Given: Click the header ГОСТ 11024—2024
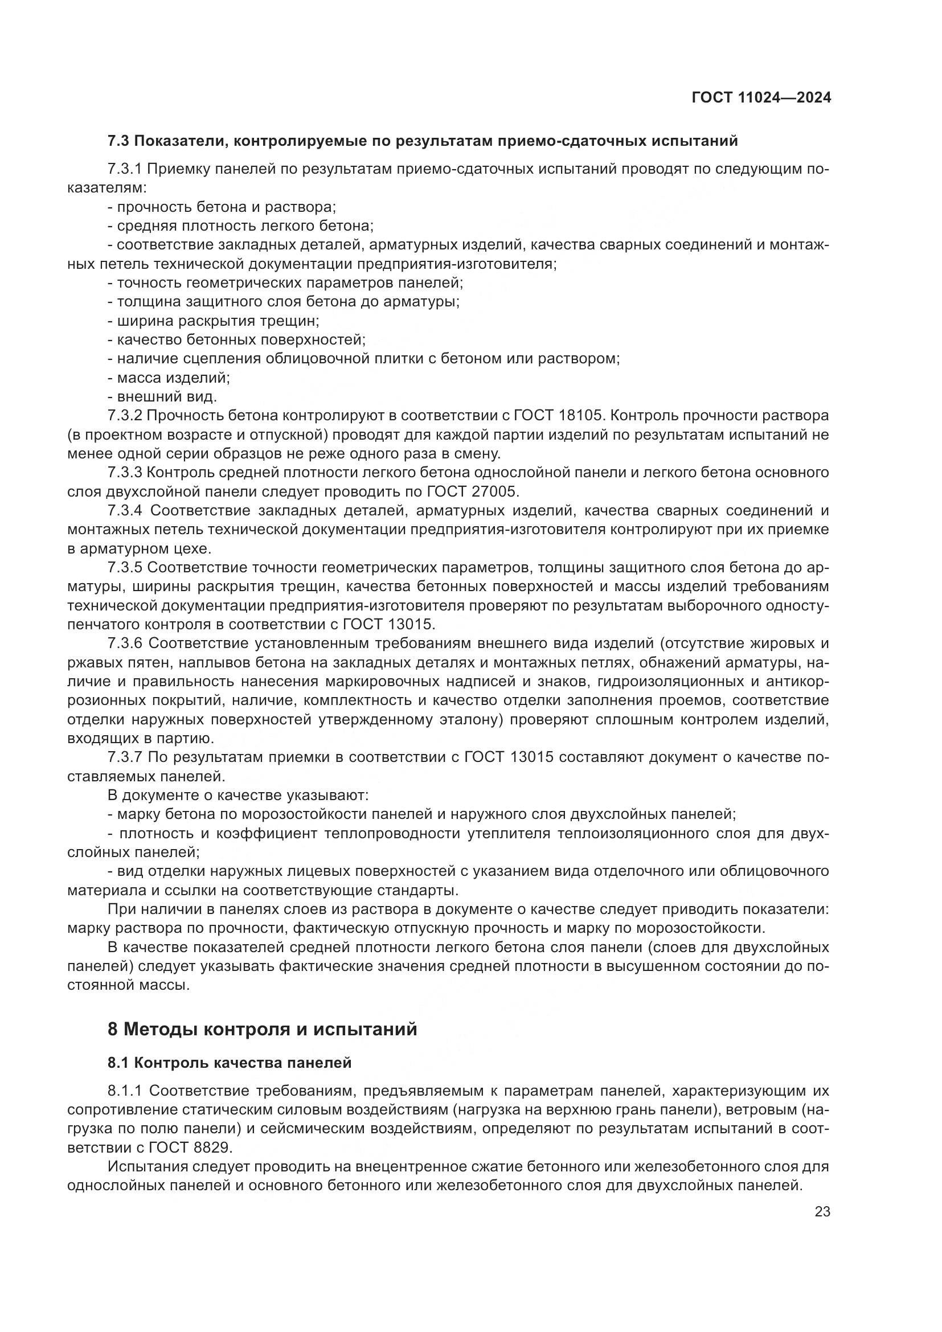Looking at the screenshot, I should [761, 97].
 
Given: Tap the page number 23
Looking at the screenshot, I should [822, 1212].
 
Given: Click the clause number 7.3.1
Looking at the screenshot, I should [125, 169].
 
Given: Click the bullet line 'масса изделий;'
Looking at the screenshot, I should [169, 378].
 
